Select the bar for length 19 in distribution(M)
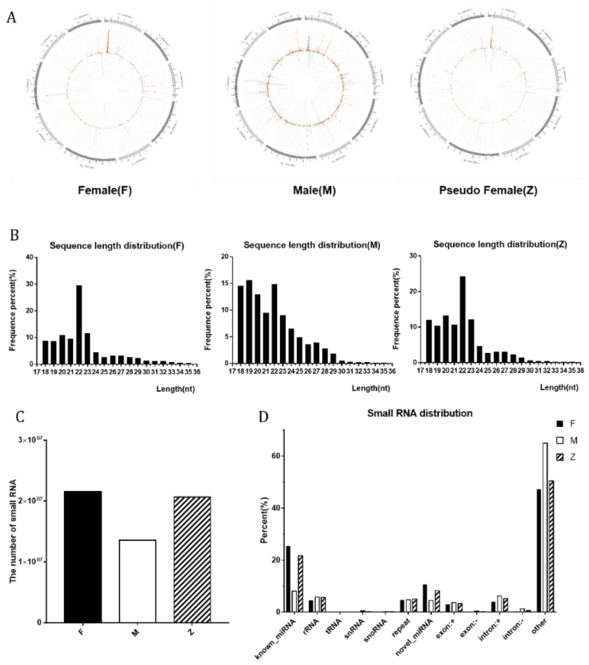pyautogui.click(x=249, y=322)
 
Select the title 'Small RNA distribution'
pyautogui.click(x=420, y=413)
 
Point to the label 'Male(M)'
pyautogui.click(x=314, y=191)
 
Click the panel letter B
pyautogui.click(x=14, y=235)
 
